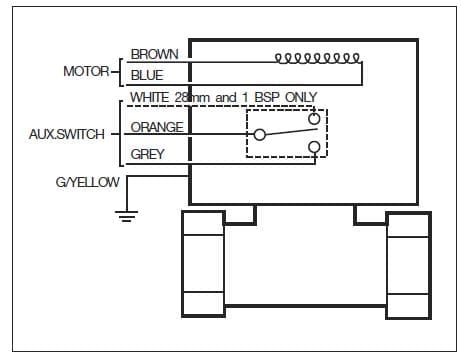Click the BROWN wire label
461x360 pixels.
click(x=154, y=54)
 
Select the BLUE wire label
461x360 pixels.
click(x=147, y=75)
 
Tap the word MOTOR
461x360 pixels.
click(x=86, y=71)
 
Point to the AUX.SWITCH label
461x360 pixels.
click(x=67, y=134)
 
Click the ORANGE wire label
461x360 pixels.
click(x=157, y=127)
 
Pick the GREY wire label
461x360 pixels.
click(x=147, y=154)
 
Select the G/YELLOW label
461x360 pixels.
click(x=88, y=182)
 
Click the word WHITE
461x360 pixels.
click(x=150, y=97)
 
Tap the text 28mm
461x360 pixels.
click(x=192, y=97)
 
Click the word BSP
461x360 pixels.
click(x=267, y=97)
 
